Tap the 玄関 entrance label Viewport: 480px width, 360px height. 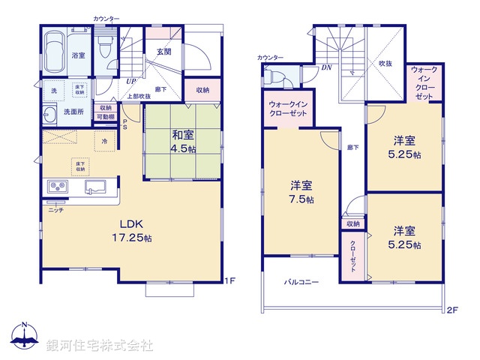[x=165, y=51]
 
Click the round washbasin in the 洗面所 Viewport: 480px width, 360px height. [x=49, y=115]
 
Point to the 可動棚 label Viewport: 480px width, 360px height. [x=105, y=116]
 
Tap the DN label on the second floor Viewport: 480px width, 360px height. [x=327, y=67]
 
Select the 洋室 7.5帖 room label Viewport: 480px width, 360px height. [x=303, y=193]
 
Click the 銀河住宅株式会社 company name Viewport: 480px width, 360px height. [x=99, y=346]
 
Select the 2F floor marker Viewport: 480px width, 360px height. [x=451, y=309]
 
